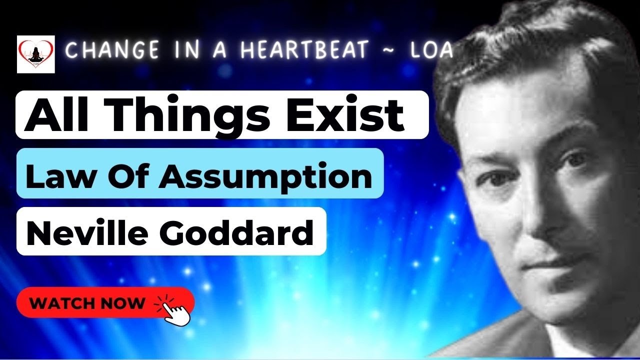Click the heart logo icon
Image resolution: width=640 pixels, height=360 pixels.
click(x=36, y=54)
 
